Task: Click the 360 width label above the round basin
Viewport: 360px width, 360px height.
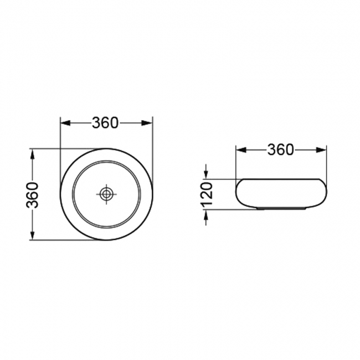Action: coord(105,123)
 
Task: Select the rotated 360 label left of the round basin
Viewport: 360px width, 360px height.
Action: coord(34,194)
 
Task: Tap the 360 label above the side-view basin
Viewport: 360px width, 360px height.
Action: coord(281,150)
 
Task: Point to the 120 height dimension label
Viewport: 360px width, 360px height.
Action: coord(207,194)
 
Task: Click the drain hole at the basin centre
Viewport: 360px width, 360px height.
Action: coord(106,194)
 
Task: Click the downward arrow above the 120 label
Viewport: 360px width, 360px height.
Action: coord(207,173)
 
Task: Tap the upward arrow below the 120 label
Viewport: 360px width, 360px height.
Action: coord(207,215)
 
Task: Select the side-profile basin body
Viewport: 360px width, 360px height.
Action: coord(281,193)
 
